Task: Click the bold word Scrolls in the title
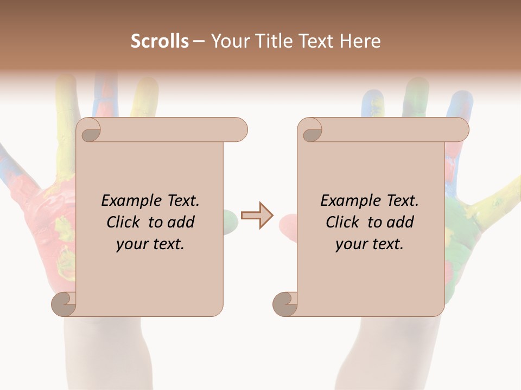point(160,41)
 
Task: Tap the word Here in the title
point(360,41)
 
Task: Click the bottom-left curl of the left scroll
point(63,303)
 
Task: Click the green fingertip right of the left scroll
point(231,220)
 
